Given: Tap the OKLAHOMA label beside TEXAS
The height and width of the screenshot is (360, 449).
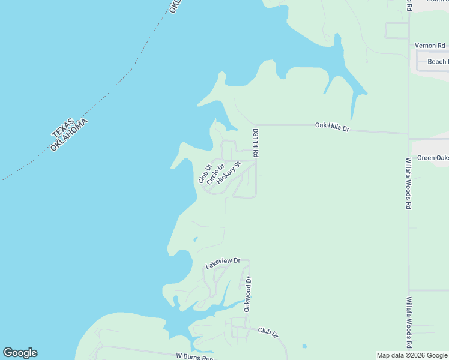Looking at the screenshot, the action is [70, 135].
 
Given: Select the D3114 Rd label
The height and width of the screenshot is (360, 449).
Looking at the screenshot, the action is [256, 143].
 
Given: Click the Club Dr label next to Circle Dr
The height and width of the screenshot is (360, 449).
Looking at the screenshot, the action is [205, 174].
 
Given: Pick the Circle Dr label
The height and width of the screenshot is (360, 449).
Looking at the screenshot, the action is [215, 175].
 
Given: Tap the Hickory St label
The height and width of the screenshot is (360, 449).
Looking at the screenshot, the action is [229, 172].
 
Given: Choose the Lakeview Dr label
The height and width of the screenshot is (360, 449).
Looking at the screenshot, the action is [222, 262].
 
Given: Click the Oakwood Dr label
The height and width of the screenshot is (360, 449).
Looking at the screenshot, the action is [246, 294].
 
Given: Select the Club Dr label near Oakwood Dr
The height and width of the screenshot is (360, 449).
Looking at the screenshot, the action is [268, 332].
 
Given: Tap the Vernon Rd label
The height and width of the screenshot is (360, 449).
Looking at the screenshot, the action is [430, 46].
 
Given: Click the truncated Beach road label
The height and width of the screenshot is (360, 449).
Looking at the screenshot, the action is [437, 62].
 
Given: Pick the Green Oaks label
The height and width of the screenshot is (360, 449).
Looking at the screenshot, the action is [433, 158].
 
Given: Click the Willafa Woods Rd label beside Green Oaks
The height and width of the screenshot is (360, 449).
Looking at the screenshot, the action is [408, 183].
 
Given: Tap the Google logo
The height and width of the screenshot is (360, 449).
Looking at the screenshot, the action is [20, 353].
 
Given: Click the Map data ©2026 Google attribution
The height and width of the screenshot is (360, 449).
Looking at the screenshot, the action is [412, 355].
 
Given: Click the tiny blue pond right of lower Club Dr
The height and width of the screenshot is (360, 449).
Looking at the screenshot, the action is [304, 346].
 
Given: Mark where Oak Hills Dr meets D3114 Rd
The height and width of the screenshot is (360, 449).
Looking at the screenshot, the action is [256, 125].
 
